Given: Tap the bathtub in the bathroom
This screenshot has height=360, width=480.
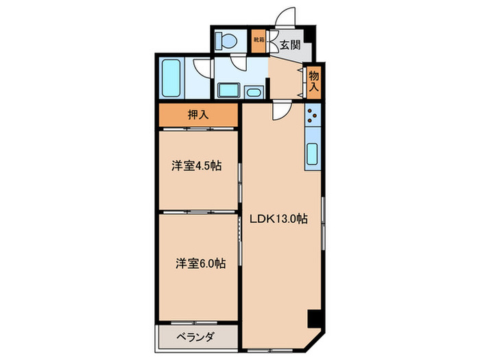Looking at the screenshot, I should pyautogui.click(x=171, y=79).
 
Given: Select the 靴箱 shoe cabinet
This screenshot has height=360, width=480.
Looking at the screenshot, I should pyautogui.click(x=259, y=41).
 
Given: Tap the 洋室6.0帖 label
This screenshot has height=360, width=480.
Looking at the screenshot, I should pyautogui.click(x=199, y=263).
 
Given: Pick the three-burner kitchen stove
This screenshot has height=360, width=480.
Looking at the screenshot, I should pyautogui.click(x=312, y=117).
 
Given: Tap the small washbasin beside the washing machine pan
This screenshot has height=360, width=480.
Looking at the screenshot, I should pyautogui.click(x=254, y=92).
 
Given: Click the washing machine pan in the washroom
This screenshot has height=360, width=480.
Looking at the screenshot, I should pyautogui.click(x=228, y=91).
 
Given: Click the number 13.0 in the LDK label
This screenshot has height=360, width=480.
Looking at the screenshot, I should pyautogui.click(x=284, y=219).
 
